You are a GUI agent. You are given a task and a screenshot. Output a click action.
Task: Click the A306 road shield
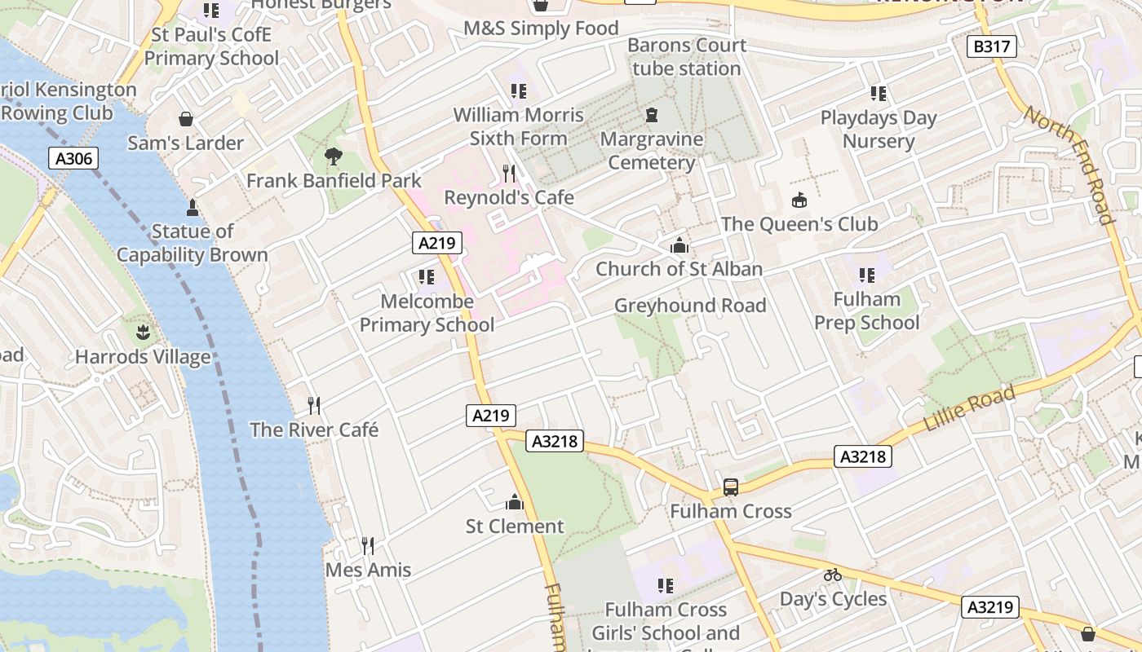click(x=73, y=159)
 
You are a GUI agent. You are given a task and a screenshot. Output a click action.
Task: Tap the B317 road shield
click(x=992, y=46)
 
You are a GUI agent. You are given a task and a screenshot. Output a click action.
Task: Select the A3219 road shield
click(x=991, y=607)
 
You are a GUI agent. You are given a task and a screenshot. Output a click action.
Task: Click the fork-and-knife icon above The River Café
click(x=314, y=405)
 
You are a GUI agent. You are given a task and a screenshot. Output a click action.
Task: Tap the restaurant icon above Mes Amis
click(x=368, y=545)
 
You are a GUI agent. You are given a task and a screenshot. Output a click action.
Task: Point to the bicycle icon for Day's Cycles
click(x=832, y=575)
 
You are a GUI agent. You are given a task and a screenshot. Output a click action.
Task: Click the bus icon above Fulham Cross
click(x=731, y=487)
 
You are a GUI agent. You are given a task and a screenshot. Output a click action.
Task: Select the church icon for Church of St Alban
click(x=679, y=244)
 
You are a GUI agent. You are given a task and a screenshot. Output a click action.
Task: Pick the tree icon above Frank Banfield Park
click(x=333, y=156)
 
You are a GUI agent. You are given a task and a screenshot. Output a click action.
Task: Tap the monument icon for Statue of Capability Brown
click(x=193, y=207)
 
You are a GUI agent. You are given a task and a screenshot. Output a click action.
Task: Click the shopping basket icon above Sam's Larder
click(x=186, y=119)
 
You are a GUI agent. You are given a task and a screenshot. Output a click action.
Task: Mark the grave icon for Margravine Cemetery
click(x=652, y=115)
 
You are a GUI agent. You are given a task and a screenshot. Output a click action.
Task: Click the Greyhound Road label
click(x=690, y=306)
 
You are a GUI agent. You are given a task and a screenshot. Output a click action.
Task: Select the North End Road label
click(x=1069, y=164)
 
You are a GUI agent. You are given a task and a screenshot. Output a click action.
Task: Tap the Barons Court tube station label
click(x=687, y=57)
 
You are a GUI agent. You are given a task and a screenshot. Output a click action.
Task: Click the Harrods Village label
click(x=143, y=357)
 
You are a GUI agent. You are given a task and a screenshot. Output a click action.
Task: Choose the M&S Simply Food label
click(x=541, y=29)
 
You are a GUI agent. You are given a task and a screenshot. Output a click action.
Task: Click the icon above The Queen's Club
click(x=799, y=200)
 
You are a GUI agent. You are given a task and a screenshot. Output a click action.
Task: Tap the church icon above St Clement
click(x=515, y=502)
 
